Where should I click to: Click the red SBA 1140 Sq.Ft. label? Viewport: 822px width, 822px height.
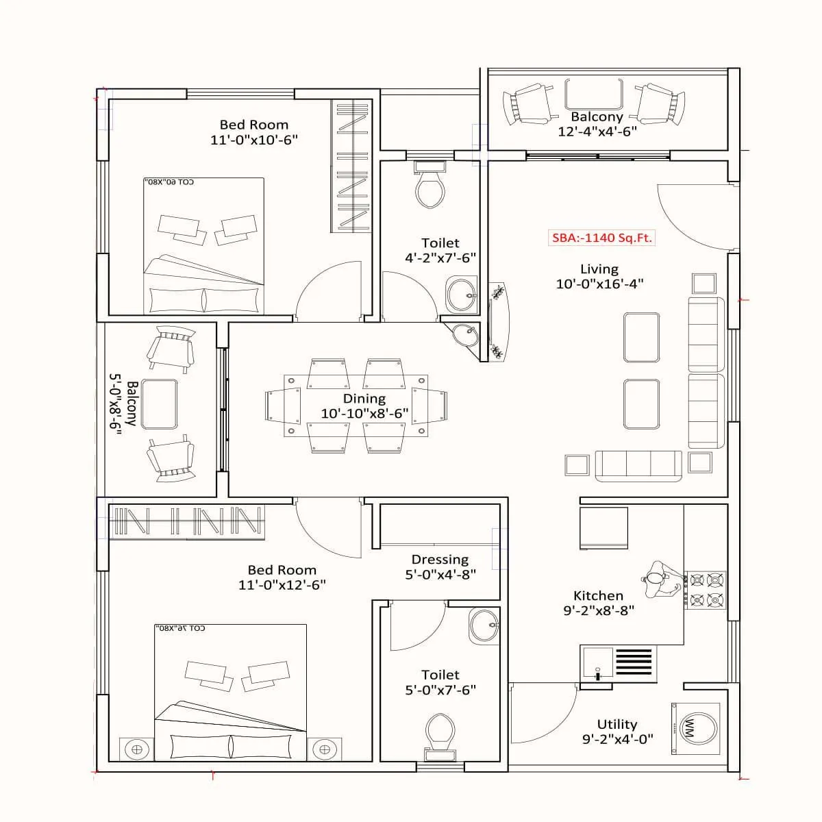click(x=602, y=238)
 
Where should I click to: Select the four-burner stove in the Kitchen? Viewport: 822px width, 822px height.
click(x=706, y=590)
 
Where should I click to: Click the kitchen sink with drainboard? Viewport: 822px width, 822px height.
click(x=618, y=663)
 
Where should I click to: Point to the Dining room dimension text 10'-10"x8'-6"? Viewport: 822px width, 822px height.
click(x=364, y=414)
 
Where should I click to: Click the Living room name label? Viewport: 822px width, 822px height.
click(x=599, y=269)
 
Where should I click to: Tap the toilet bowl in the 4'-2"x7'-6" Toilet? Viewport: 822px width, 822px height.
click(x=429, y=189)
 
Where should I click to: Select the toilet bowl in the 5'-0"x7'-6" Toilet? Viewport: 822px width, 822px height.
click(x=439, y=734)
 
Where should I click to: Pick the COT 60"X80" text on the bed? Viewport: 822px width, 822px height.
click(x=170, y=182)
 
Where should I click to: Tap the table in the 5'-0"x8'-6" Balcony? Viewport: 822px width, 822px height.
click(x=160, y=404)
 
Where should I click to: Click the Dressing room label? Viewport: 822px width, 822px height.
click(x=440, y=560)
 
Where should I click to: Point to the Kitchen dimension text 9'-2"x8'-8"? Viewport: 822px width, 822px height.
click(x=599, y=610)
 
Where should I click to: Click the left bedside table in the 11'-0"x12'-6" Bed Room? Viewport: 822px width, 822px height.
click(x=137, y=749)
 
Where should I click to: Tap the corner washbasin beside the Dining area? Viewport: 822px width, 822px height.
click(x=466, y=335)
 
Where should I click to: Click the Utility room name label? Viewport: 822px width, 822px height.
click(x=616, y=724)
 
